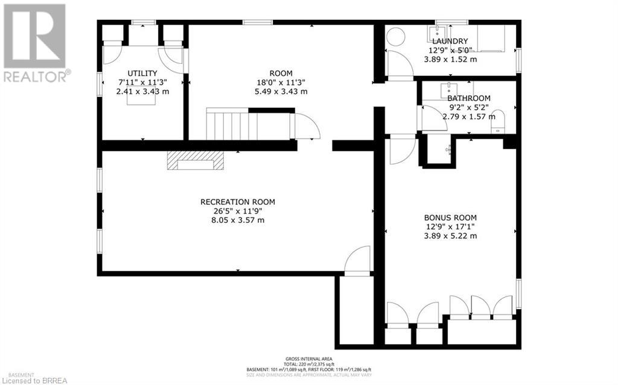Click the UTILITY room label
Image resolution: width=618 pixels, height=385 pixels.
click(142, 74)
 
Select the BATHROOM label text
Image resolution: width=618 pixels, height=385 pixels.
click(468, 98)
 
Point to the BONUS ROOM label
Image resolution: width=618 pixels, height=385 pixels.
click(450, 218)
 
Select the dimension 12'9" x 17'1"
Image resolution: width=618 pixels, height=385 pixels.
click(450, 227)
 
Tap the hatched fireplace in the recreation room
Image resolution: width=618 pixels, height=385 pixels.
click(196, 160)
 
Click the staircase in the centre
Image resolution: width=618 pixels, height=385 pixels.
click(232, 125)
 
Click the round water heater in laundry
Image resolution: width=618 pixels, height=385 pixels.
click(396, 37)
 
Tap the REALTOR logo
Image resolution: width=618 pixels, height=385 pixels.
click(34, 42)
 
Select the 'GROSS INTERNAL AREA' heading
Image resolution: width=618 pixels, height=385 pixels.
click(308, 358)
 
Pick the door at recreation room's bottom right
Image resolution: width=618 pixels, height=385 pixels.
click(358, 260)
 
